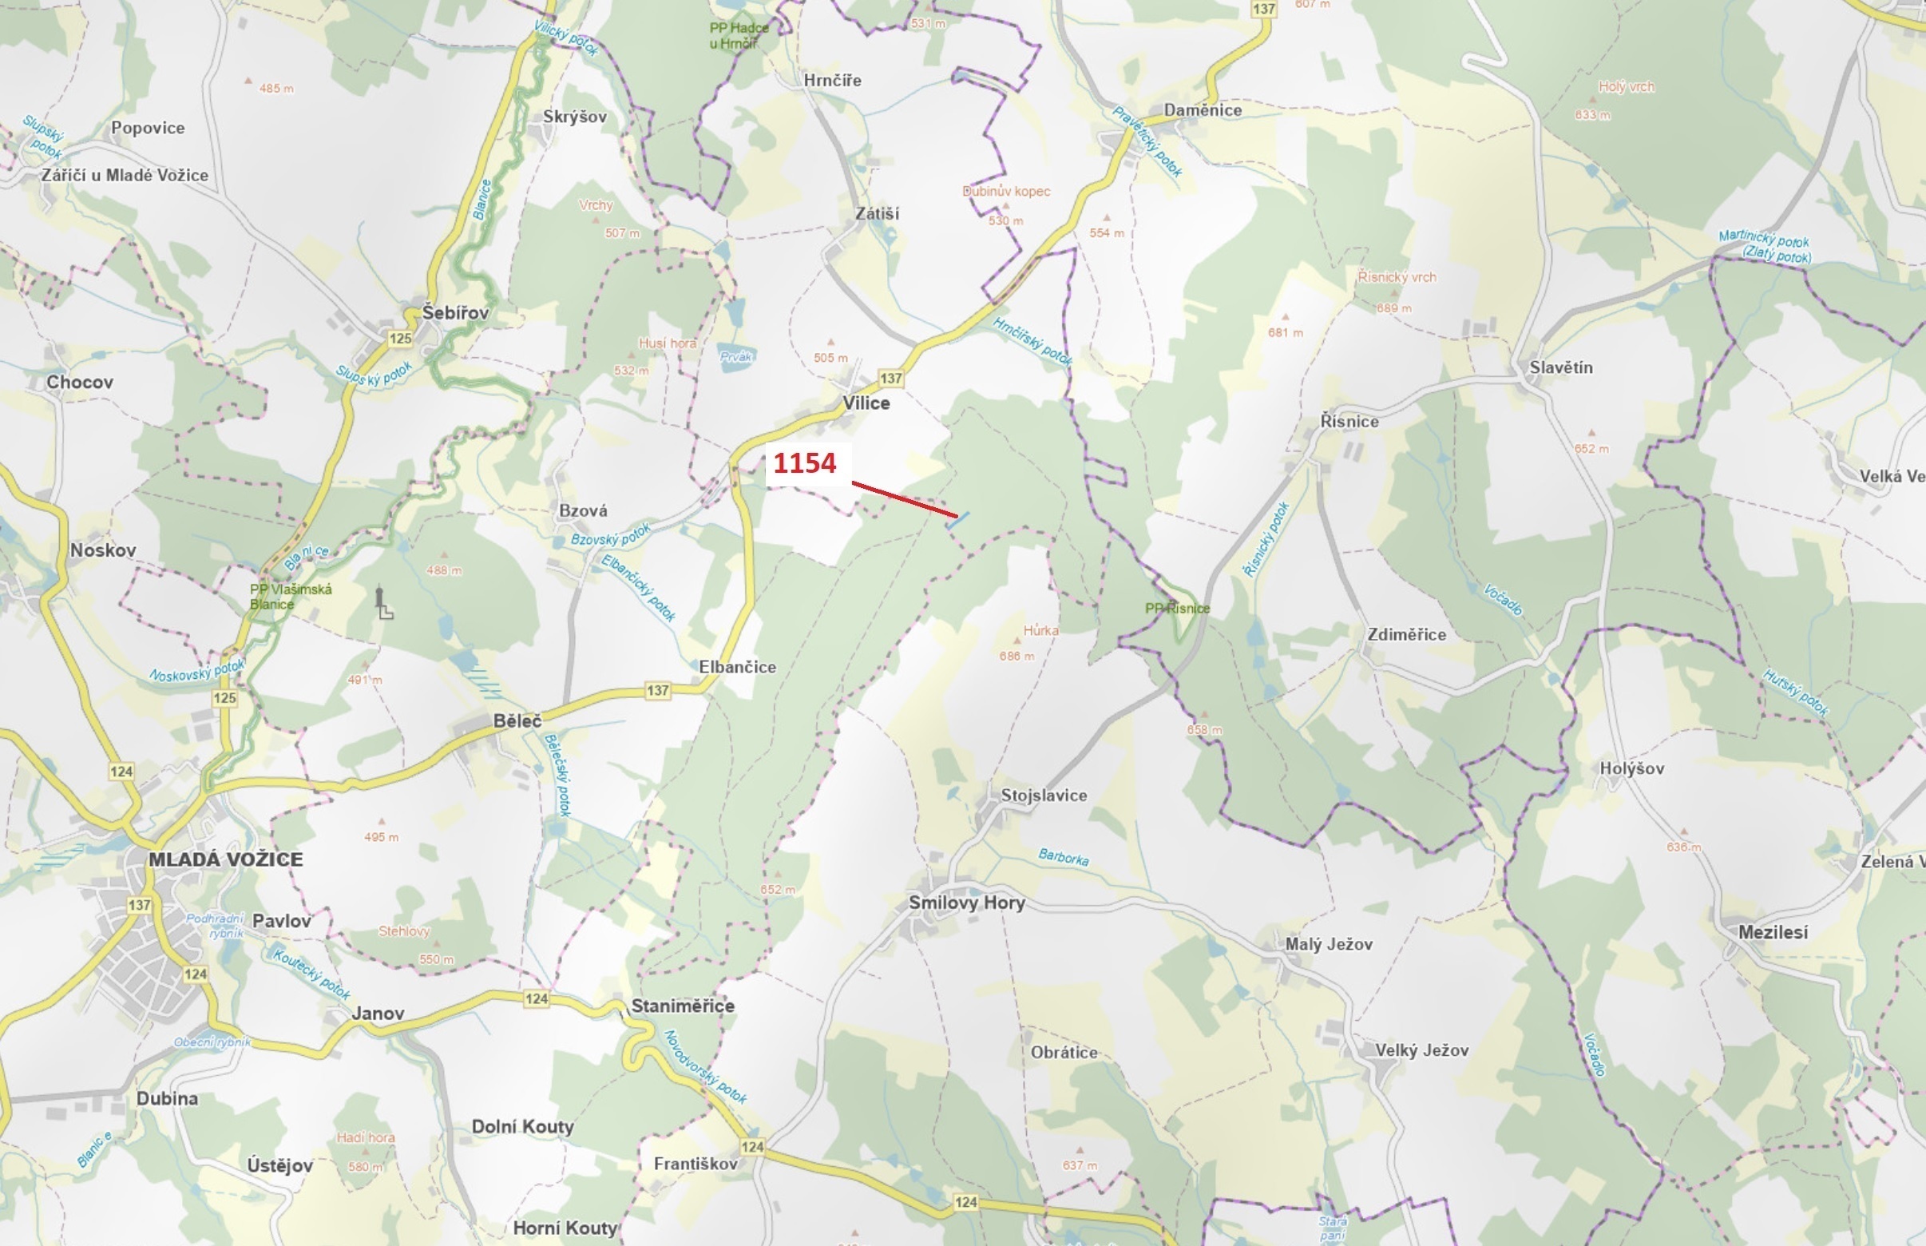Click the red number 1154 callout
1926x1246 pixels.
pyautogui.click(x=805, y=463)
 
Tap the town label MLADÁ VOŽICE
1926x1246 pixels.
pyautogui.click(x=226, y=859)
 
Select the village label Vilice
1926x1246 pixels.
pyautogui.click(x=866, y=403)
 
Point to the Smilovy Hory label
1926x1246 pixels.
pyautogui.click(x=967, y=902)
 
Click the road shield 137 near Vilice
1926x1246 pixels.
pyautogui.click(x=890, y=378)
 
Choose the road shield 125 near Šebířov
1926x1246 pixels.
pyautogui.click(x=400, y=338)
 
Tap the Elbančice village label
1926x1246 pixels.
pyautogui.click(x=737, y=667)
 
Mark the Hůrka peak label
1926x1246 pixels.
pyautogui.click(x=1040, y=630)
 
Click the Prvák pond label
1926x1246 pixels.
pyautogui.click(x=736, y=356)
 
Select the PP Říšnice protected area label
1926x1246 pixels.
pyautogui.click(x=1178, y=609)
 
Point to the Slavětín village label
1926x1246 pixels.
pyautogui.click(x=1560, y=367)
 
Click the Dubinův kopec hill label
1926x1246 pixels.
pyautogui.click(x=1006, y=192)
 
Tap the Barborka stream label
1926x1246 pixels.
pyautogui.click(x=1063, y=857)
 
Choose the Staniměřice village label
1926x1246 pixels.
pyautogui.click(x=683, y=1006)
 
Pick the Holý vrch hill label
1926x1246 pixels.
pyautogui.click(x=1626, y=86)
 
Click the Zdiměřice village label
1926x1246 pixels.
pyautogui.click(x=1407, y=634)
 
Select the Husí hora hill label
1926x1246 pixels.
pyautogui.click(x=668, y=343)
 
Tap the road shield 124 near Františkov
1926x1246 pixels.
pyautogui.click(x=752, y=1146)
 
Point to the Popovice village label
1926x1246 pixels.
pyautogui.click(x=148, y=128)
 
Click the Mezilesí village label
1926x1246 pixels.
pyautogui.click(x=1773, y=932)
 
